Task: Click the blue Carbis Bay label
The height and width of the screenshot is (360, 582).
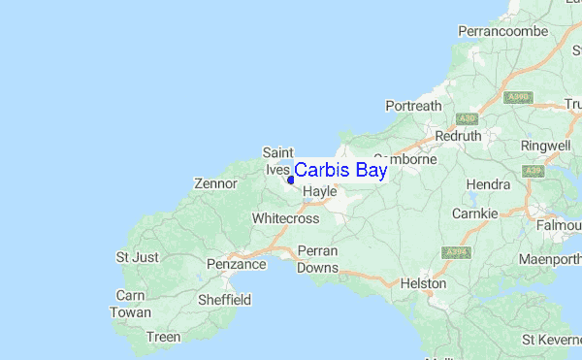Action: coord(340,171)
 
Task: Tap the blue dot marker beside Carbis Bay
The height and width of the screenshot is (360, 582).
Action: coord(291,180)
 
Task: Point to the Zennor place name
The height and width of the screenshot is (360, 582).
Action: coord(215,182)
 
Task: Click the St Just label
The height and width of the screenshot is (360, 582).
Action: coord(136,257)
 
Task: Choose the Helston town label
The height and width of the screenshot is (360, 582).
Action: coord(424,283)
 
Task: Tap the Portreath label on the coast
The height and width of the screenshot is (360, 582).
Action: coord(413,105)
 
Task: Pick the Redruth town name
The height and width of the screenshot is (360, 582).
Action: coord(460,136)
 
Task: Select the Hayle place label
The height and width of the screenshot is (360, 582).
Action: coord(319,192)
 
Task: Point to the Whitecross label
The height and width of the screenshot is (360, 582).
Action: coord(285,218)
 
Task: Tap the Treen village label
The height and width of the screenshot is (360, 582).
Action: coord(163,337)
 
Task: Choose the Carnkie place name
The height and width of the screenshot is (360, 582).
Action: coord(475,213)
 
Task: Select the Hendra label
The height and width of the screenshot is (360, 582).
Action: coord(488,184)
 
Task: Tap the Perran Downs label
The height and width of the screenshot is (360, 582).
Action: coord(318,259)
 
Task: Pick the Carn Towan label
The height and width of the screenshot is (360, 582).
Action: coord(131,304)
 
